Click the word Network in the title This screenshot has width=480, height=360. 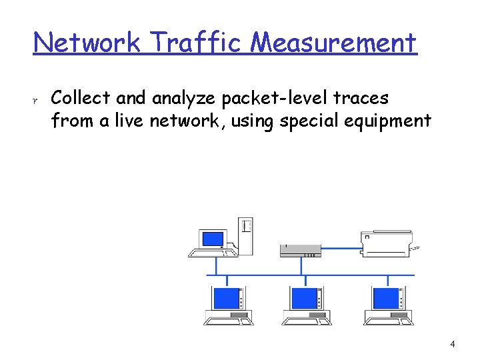point(87,43)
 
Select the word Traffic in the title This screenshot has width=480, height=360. point(195,43)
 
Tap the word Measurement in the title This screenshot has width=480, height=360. point(333,43)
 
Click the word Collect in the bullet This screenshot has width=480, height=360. point(80,98)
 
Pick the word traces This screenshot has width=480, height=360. point(365,98)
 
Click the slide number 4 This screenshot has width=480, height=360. point(453,345)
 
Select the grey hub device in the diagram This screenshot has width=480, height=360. point(300,250)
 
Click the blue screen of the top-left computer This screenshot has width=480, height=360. point(213,238)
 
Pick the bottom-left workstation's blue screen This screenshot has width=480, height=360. point(225,297)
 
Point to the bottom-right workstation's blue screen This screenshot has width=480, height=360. point(385,297)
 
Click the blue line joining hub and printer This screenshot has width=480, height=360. point(341,248)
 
